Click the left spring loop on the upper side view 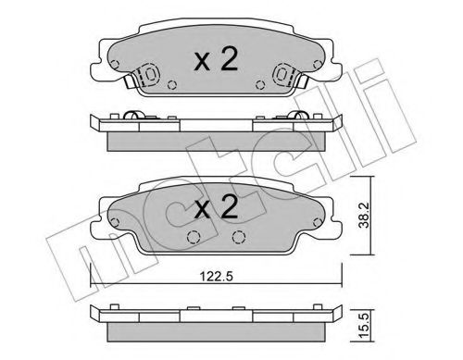pos(133,116)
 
